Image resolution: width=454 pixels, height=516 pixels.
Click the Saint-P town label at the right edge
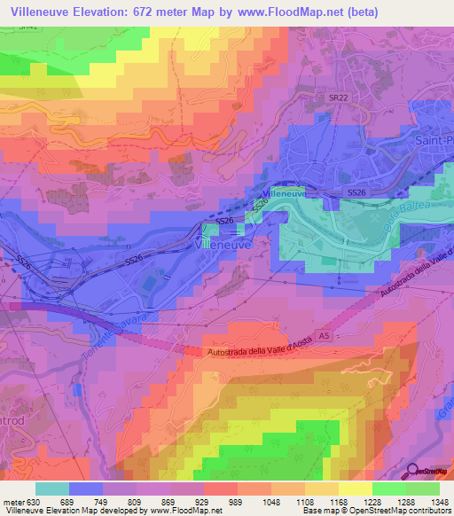point(434,140)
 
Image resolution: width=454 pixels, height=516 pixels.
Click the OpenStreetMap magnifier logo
point(414,473)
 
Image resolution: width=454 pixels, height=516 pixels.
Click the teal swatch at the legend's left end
point(51,489)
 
